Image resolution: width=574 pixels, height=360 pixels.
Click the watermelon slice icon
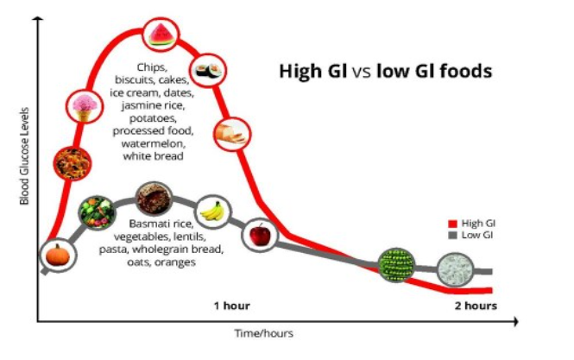click(161, 35)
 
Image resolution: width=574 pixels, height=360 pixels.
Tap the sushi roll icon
click(209, 70)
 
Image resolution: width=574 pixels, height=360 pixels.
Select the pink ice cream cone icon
click(85, 106)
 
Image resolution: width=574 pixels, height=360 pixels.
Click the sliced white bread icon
click(232, 134)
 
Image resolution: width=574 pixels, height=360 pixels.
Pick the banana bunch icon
click(212, 212)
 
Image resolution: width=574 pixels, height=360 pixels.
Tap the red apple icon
click(260, 235)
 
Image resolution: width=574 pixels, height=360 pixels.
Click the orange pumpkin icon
click(58, 256)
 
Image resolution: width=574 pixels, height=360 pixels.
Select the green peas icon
click(396, 265)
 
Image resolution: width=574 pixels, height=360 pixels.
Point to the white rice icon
click(455, 270)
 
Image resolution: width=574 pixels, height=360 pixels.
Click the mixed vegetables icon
click(97, 212)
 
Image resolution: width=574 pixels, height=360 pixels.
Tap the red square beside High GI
click(453, 224)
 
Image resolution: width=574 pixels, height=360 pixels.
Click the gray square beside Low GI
click(453, 236)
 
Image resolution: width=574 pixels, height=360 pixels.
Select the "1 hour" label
click(232, 306)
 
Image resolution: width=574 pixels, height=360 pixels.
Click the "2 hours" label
click(476, 306)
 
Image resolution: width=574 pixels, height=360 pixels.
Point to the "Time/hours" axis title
click(264, 333)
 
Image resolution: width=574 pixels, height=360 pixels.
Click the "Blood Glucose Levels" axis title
click(24, 156)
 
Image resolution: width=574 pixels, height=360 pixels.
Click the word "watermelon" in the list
click(154, 143)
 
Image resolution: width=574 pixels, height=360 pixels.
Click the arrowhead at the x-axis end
click(516, 321)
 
